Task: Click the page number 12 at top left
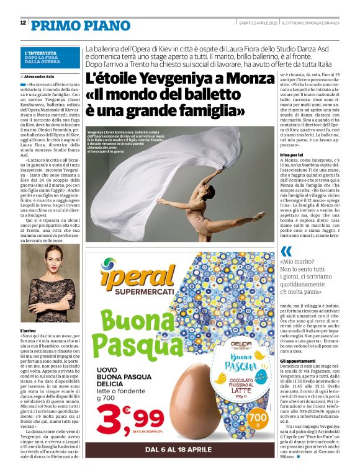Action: coord(22,23)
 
